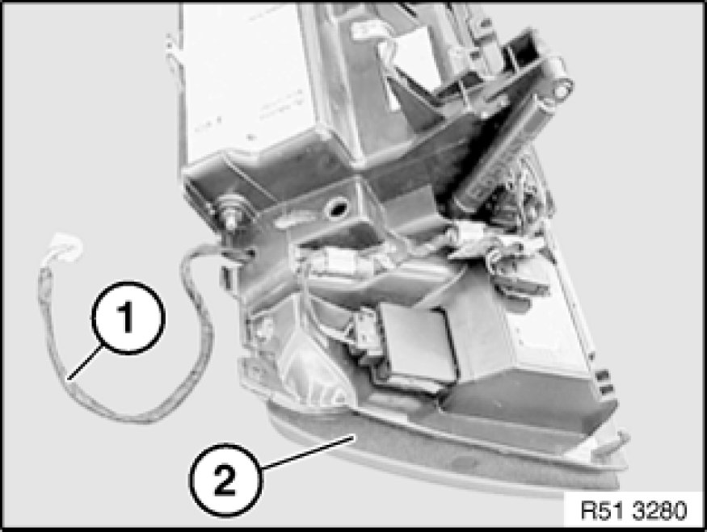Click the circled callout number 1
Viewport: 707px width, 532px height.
pyautogui.click(x=128, y=317)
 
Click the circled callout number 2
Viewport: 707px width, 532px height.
pyautogui.click(x=225, y=480)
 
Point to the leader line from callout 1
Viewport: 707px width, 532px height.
pyautogui.click(x=85, y=362)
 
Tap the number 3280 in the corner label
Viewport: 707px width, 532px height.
pyautogui.click(x=659, y=511)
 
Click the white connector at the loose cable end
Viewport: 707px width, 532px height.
pyautogui.click(x=66, y=249)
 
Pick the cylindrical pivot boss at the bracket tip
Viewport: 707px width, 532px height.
pyautogui.click(x=561, y=90)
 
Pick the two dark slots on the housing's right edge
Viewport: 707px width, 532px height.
pyautogui.click(x=605, y=381)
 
